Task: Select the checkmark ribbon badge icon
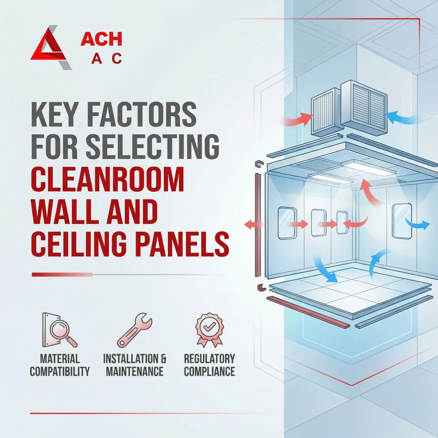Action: tap(209, 329)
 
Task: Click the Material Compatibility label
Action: tap(60, 365)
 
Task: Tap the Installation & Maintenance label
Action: tap(135, 365)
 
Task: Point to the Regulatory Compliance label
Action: tap(209, 365)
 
